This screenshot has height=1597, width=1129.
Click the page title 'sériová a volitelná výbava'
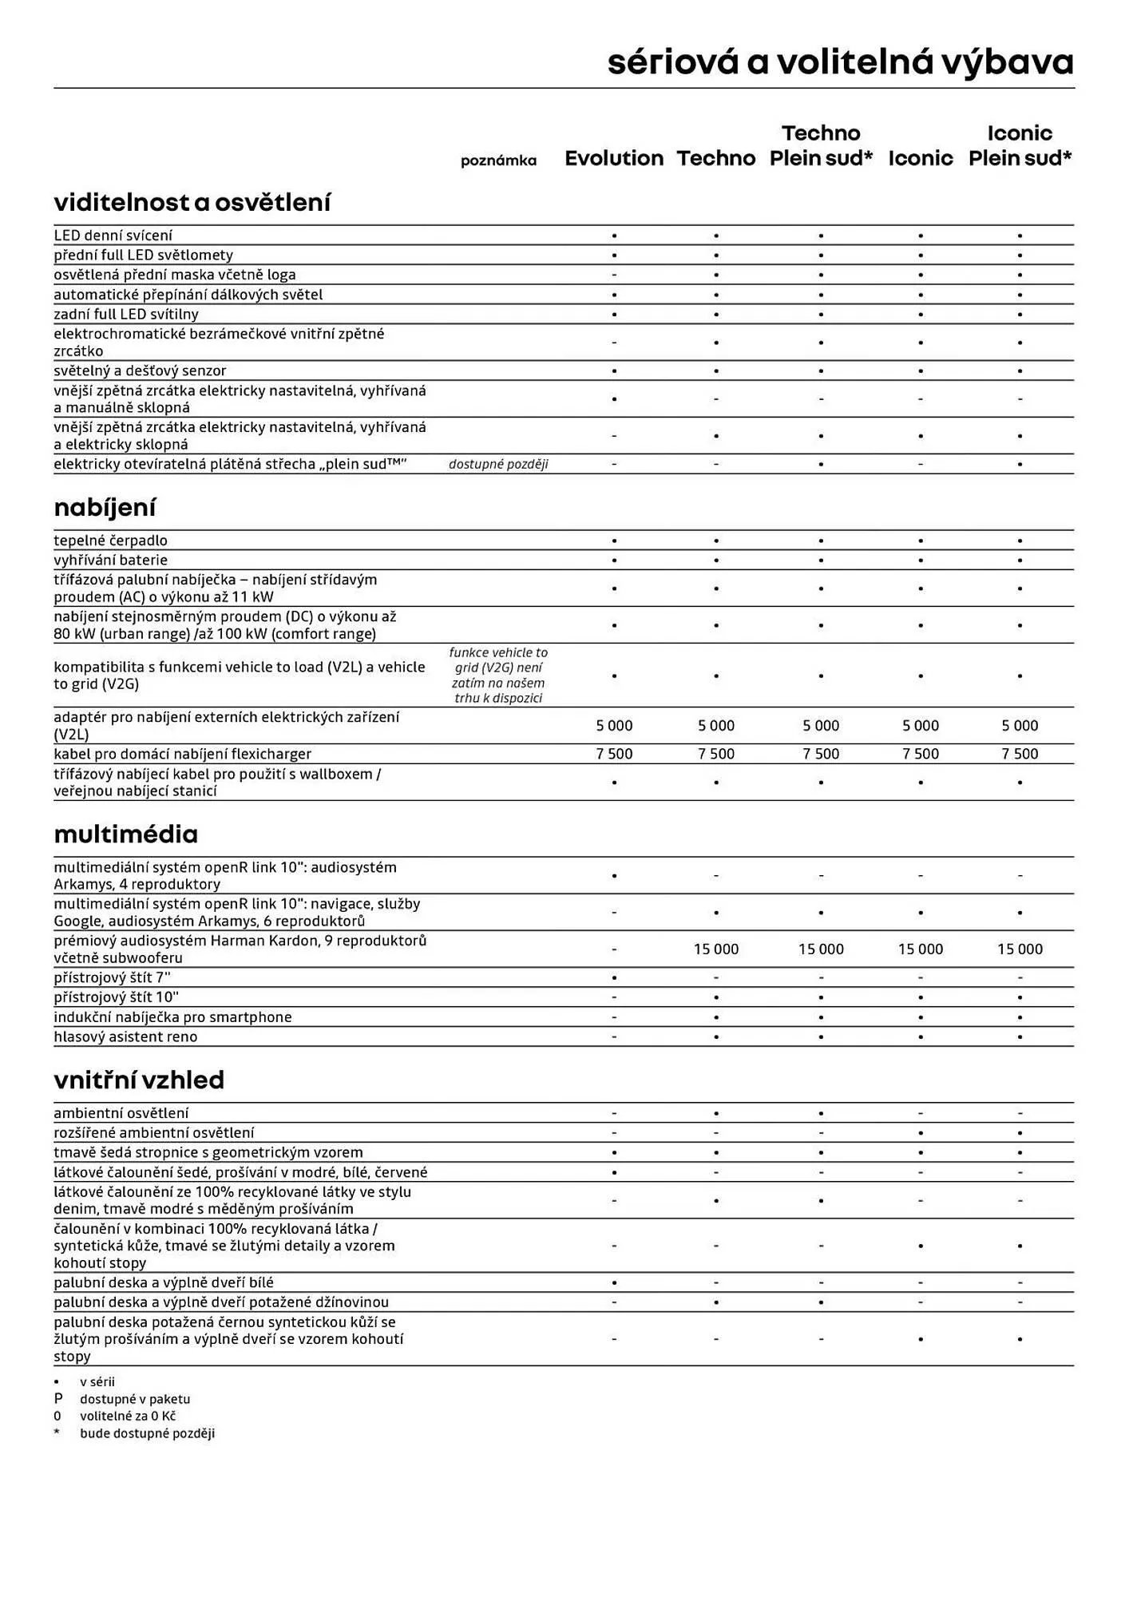840,62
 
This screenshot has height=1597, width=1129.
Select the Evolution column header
614,158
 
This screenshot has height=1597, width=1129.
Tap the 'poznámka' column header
498,160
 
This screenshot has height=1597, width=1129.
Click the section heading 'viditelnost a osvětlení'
192,202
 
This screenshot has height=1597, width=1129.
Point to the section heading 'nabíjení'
105,507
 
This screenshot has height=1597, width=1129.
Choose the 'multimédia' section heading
125,834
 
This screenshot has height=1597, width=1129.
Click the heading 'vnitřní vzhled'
139,1080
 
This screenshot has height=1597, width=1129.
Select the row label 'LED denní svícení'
113,236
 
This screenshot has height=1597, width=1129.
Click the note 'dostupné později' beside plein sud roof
498,464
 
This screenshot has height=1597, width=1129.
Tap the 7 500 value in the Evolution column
614,754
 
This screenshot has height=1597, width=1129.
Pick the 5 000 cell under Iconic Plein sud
1020,725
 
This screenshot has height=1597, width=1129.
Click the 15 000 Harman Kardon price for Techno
715,949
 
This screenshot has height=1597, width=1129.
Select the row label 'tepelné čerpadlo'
110,541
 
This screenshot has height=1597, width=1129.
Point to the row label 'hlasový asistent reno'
125,1036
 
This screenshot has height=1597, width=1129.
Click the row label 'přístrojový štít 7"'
112,977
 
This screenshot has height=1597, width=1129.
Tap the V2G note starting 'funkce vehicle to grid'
498,676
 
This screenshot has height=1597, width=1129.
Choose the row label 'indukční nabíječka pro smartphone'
172,1016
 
